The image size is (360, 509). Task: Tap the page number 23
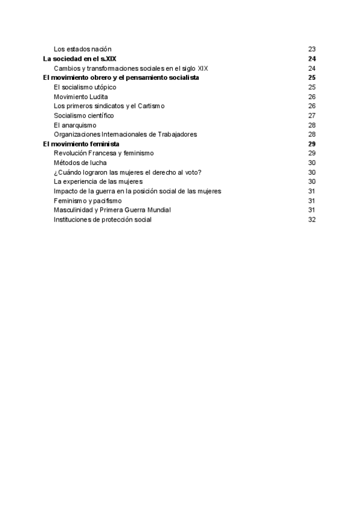(311, 49)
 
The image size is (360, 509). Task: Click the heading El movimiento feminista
(81, 144)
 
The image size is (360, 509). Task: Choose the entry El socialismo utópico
(85, 87)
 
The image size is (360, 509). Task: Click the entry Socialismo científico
(83, 115)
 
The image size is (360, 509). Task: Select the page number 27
(311, 115)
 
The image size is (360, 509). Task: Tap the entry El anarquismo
(74, 125)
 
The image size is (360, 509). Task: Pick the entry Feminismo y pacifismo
(87, 200)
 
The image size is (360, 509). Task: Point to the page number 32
(311, 220)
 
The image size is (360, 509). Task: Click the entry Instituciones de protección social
(103, 220)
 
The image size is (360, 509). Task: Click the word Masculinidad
(73, 210)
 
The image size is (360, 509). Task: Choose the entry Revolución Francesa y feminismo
(103, 153)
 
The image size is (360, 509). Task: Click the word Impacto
(65, 191)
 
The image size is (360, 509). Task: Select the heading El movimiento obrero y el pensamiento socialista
(121, 77)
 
